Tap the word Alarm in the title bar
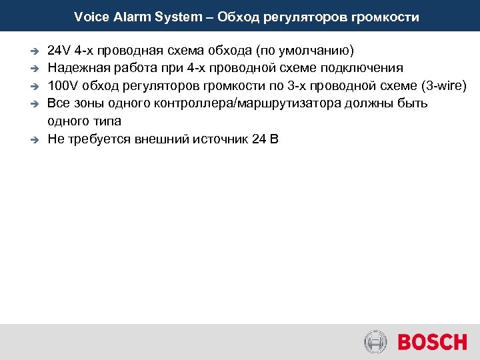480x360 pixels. click(x=128, y=17)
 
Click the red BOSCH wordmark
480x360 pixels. click(x=432, y=342)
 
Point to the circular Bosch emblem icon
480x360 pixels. click(x=376, y=342)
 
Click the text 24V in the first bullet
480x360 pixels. click(x=59, y=51)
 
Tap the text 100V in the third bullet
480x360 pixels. click(x=63, y=86)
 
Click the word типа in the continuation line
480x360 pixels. click(x=107, y=121)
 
